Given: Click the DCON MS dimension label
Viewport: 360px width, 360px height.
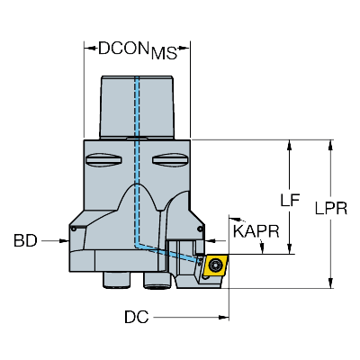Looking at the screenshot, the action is [x=138, y=50].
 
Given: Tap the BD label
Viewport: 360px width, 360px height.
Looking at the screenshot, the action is [x=25, y=240].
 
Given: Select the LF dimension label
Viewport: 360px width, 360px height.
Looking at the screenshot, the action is [x=290, y=200].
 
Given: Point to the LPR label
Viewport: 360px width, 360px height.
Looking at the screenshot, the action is [x=331, y=208].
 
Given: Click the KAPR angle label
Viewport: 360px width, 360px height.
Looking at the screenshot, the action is [x=256, y=231].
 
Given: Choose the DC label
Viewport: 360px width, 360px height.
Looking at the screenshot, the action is [x=137, y=317].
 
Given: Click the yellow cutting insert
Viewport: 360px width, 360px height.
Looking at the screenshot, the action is [x=215, y=265].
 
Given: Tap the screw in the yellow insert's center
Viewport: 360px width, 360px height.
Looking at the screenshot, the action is [x=214, y=265].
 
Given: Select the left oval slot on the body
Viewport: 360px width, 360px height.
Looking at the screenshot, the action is [x=103, y=159].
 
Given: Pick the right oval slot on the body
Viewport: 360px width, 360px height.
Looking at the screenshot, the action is [x=170, y=159].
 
